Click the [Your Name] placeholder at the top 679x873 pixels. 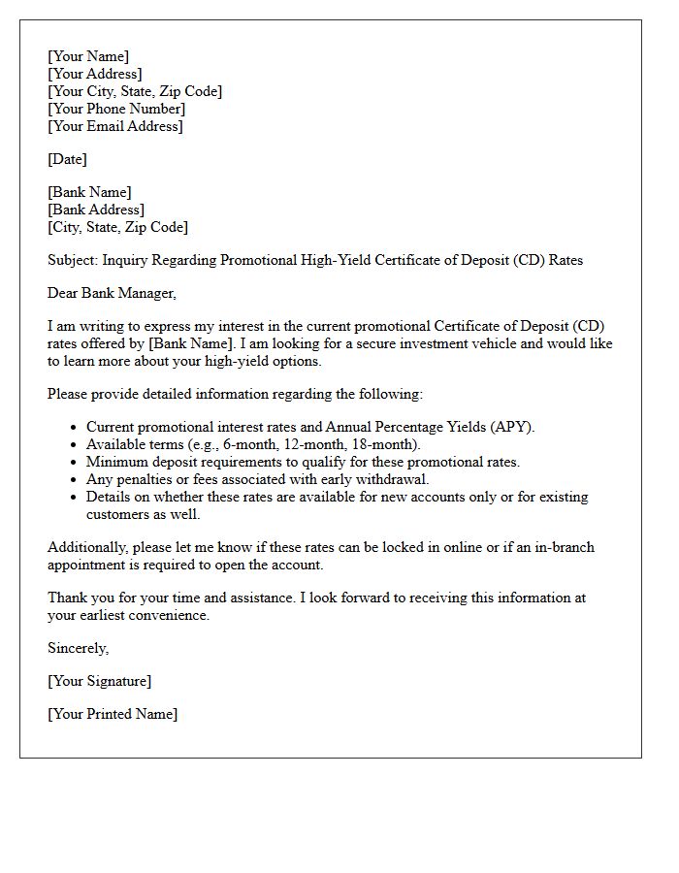click(x=88, y=56)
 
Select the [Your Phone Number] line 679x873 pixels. click(x=116, y=109)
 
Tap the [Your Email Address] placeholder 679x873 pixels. click(x=115, y=126)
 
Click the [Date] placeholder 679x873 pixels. click(x=67, y=159)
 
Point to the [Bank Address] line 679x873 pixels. click(x=96, y=210)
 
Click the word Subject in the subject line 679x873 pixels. click(x=73, y=260)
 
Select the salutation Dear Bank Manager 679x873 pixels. click(x=113, y=293)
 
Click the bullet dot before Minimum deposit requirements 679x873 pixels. click(x=75, y=463)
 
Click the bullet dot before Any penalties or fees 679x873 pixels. click(x=75, y=480)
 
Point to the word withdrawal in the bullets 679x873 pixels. click(x=393, y=479)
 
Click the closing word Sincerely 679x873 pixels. click(x=78, y=648)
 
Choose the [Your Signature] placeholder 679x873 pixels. click(x=99, y=681)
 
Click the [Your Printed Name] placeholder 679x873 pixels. click(x=113, y=714)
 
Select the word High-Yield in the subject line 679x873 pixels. click(x=292, y=260)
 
